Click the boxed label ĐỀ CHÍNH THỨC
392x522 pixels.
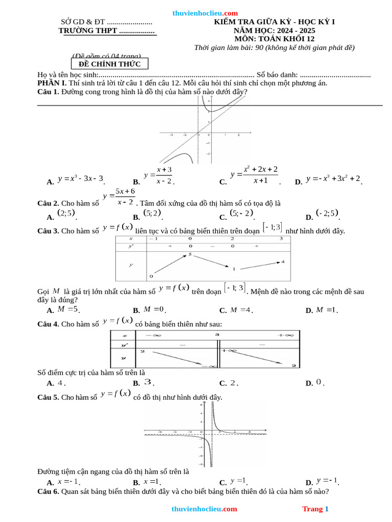113,64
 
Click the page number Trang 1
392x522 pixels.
315,509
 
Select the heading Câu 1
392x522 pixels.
48,92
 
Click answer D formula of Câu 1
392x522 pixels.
333,179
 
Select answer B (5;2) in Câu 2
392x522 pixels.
152,213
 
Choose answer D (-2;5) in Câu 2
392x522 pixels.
328,213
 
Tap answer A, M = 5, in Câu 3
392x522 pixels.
68,309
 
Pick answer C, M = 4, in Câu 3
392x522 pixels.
241,309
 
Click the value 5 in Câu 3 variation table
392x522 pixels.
189,254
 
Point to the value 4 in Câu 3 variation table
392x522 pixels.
283,262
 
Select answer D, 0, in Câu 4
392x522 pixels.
319,382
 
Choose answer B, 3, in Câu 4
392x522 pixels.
148,382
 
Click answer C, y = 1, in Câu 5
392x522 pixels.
238,481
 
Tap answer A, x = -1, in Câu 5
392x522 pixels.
68,481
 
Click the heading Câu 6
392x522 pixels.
48,492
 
